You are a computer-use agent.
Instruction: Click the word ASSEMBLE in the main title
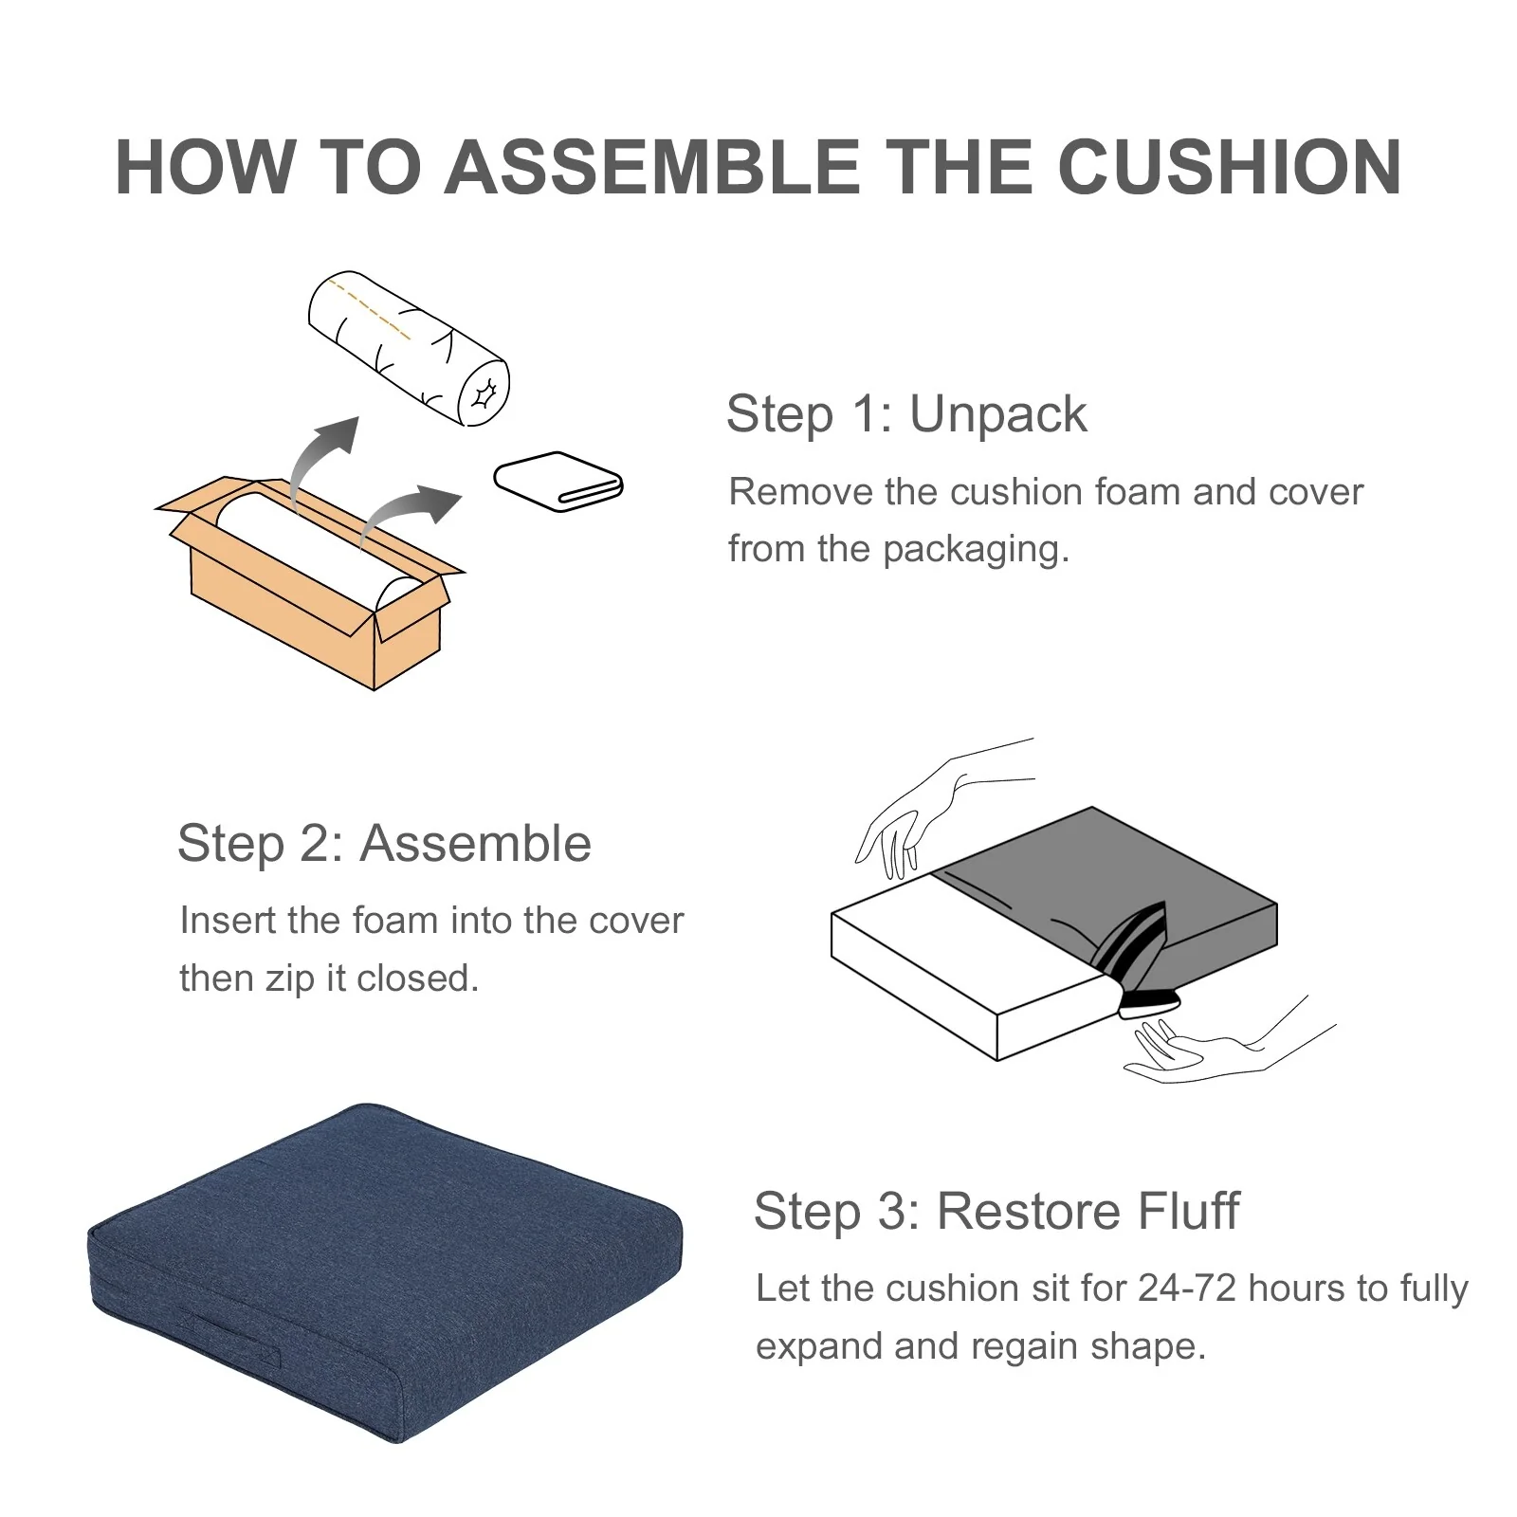coord(651,167)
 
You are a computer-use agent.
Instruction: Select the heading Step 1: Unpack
coord(906,413)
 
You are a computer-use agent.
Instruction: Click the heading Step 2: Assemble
coord(384,843)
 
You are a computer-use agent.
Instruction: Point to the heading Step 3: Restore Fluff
coord(996,1211)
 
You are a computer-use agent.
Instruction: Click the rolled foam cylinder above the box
coord(409,349)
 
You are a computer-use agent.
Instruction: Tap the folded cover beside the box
coord(558,481)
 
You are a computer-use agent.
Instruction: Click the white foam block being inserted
coord(967,958)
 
